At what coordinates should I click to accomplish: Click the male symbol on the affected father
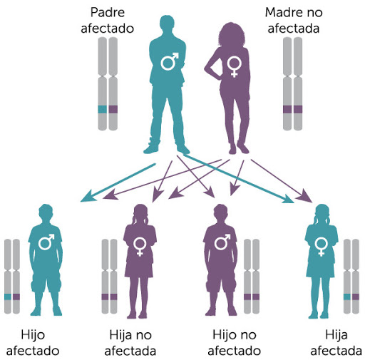(x=169, y=61)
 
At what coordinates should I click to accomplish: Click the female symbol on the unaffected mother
(x=235, y=67)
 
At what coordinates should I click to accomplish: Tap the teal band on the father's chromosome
(x=103, y=109)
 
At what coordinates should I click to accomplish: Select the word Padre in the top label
(x=108, y=12)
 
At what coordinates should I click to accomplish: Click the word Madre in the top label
(x=284, y=12)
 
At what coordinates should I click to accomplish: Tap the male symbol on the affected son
(x=46, y=242)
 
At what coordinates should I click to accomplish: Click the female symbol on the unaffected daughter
(x=140, y=247)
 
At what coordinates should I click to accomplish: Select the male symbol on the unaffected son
(x=222, y=242)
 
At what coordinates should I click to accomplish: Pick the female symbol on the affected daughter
(x=322, y=247)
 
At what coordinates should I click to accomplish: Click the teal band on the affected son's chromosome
(x=8, y=297)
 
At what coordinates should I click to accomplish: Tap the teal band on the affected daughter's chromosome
(x=347, y=297)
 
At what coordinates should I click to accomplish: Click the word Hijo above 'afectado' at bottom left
(x=33, y=335)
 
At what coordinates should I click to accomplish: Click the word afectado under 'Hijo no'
(x=235, y=351)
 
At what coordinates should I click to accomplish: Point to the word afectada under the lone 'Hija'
(x=336, y=351)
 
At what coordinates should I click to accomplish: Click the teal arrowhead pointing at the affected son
(x=88, y=196)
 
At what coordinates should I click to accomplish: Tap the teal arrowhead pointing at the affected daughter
(x=287, y=199)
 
